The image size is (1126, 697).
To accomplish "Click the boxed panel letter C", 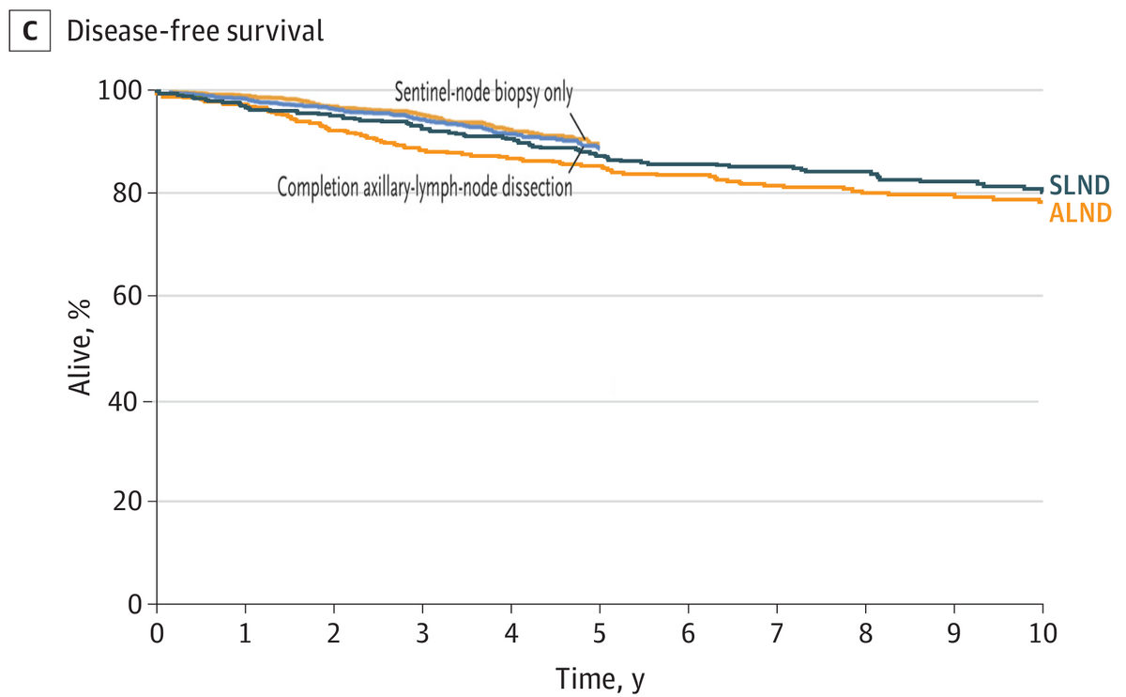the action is point(30,31).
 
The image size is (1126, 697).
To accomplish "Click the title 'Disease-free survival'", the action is point(195,31).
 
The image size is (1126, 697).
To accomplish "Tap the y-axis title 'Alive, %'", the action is point(80,348).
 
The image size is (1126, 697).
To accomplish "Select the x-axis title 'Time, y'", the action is point(600,679).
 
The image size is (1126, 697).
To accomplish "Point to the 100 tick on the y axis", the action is point(120,91).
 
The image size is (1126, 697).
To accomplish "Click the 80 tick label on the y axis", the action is point(128,194).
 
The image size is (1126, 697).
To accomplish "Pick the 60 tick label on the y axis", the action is point(128,296).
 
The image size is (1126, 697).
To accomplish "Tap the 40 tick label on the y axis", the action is point(123,402).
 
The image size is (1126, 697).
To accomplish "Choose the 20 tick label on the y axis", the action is point(128,502).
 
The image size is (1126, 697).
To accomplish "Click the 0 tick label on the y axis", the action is point(135,604).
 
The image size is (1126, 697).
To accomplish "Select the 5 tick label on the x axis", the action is point(600,633).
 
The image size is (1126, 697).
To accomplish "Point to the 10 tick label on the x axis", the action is point(1042,633).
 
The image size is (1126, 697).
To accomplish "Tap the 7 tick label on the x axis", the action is point(777,633).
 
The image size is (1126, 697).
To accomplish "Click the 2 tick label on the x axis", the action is point(334,633).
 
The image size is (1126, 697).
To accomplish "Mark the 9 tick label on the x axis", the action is point(953,633).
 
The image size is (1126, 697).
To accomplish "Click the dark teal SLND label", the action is point(1080,186).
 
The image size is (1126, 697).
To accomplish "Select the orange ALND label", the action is point(1080,213).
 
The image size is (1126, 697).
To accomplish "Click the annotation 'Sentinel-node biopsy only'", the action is point(483,93).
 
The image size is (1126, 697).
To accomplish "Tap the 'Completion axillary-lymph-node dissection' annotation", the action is point(425,187).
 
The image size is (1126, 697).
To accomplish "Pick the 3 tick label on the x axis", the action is point(422,633).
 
